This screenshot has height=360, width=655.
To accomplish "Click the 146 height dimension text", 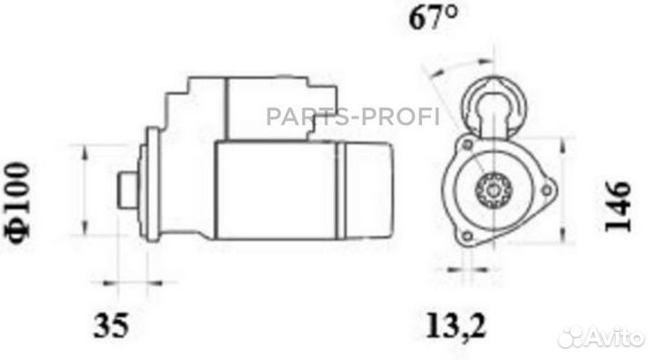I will (x=618, y=206).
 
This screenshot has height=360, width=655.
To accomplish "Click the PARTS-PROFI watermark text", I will (x=353, y=116).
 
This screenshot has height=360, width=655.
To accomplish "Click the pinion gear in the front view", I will (x=495, y=190).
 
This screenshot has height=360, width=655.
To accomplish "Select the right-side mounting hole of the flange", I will (x=546, y=190).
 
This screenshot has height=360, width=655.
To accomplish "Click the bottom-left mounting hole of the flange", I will (x=469, y=237).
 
